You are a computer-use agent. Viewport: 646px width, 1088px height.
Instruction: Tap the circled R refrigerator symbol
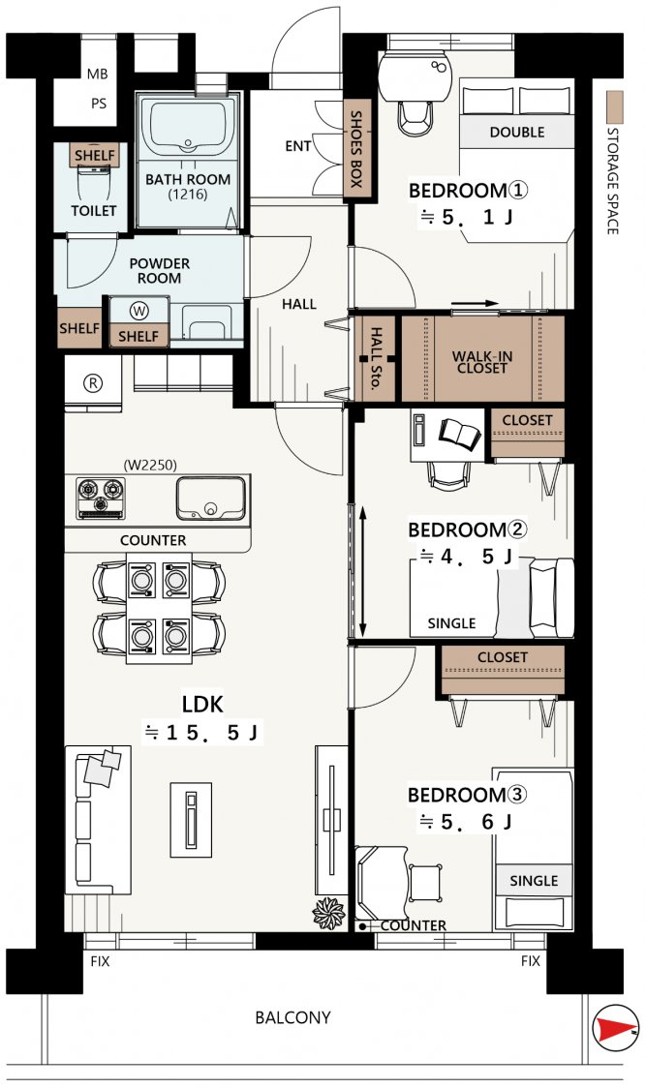92,383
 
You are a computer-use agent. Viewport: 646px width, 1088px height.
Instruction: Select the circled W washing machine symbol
138,312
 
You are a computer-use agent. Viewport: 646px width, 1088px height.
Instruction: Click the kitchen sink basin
210,499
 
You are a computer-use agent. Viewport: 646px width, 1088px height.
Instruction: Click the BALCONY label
292,1018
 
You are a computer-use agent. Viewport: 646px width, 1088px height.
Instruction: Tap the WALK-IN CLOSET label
482,362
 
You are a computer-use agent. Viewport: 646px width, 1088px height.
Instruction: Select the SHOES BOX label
356,148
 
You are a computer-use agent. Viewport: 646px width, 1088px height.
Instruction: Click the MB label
97,75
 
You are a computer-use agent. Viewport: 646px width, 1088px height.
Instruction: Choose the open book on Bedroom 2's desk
459,433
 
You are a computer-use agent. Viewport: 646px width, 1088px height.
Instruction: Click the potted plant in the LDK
328,913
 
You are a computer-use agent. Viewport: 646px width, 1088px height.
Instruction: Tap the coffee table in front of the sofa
191,819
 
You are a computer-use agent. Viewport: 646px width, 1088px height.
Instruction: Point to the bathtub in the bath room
188,127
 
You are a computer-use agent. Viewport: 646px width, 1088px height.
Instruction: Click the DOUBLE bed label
517,132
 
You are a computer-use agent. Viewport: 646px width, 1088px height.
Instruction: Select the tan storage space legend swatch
614,107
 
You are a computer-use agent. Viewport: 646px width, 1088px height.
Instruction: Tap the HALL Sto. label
375,359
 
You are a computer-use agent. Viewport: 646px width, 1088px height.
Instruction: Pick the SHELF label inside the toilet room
95,156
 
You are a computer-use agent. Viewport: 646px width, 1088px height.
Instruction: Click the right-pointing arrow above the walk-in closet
475,303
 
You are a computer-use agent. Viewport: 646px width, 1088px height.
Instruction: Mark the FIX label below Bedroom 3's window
530,961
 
